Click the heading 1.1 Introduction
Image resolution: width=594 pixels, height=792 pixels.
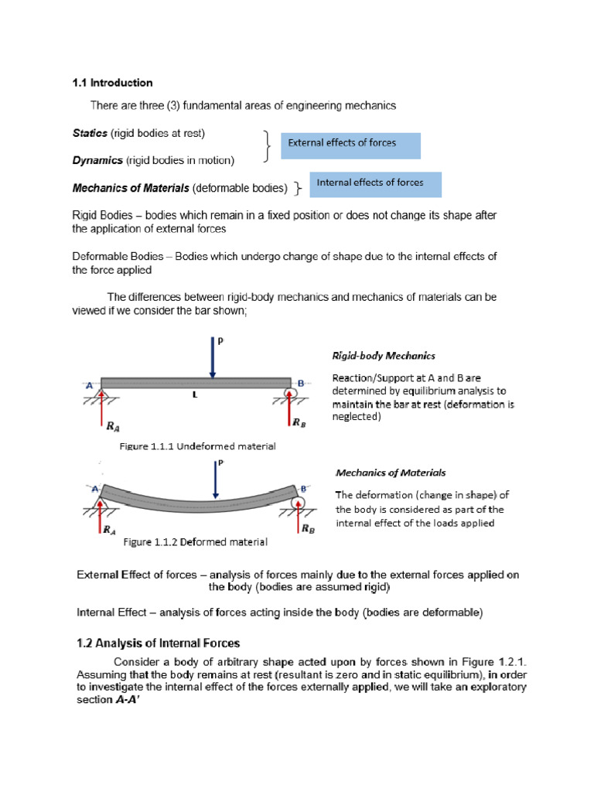(x=112, y=83)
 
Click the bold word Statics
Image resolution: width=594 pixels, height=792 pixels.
(x=90, y=133)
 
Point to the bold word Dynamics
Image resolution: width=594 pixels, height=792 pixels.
(x=97, y=160)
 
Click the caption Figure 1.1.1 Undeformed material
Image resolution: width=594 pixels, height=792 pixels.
(x=197, y=447)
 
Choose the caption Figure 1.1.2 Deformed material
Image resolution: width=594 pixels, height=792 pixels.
(x=195, y=542)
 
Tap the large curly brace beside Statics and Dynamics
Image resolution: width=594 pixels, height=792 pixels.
(x=267, y=146)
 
